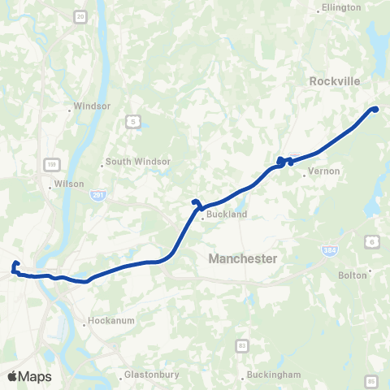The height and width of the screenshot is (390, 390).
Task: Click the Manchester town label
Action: (x=243, y=258)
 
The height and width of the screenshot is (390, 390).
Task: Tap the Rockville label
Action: (x=336, y=81)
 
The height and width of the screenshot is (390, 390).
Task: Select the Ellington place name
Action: (x=341, y=7)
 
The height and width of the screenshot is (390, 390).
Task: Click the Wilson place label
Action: (x=69, y=184)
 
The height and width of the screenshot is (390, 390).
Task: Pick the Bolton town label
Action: (x=354, y=275)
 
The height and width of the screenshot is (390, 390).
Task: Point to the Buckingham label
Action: (x=273, y=375)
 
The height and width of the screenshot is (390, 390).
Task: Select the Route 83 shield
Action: (x=242, y=346)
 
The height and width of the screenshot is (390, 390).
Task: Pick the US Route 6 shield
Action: (x=373, y=241)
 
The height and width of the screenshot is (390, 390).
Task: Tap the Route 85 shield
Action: (x=371, y=380)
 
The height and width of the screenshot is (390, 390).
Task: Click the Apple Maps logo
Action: (x=29, y=376)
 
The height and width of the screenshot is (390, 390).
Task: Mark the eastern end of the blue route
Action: (x=375, y=109)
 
